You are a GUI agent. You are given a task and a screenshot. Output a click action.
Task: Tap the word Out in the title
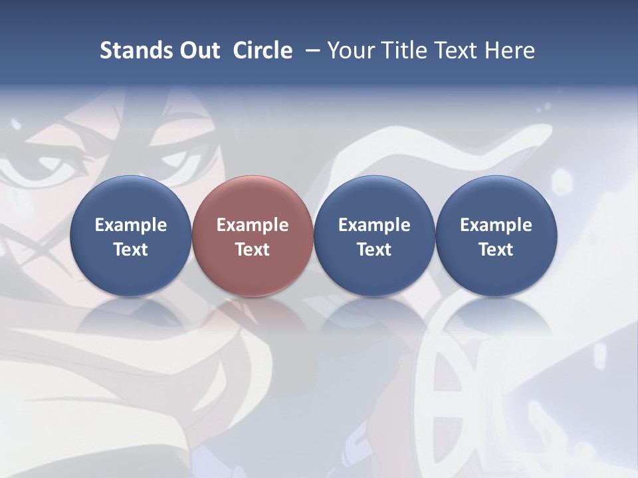[x=197, y=50]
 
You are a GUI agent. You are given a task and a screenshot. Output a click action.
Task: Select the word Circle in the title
[x=263, y=50]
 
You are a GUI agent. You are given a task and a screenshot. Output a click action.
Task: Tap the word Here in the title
[x=510, y=50]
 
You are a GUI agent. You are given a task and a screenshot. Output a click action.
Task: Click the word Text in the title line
[x=454, y=50]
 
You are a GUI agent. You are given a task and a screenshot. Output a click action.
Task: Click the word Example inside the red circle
[x=253, y=225]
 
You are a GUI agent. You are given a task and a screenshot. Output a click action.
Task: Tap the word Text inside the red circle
[x=253, y=250]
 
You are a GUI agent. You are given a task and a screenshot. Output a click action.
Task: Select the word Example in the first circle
[x=131, y=225]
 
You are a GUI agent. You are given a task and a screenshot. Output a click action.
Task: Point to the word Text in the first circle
[x=131, y=250]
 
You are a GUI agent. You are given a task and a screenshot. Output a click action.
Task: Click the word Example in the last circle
[x=496, y=225]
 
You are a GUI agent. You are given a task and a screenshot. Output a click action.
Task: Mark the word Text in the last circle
[x=496, y=250]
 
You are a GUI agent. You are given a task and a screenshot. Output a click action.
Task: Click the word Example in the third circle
[x=374, y=225]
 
